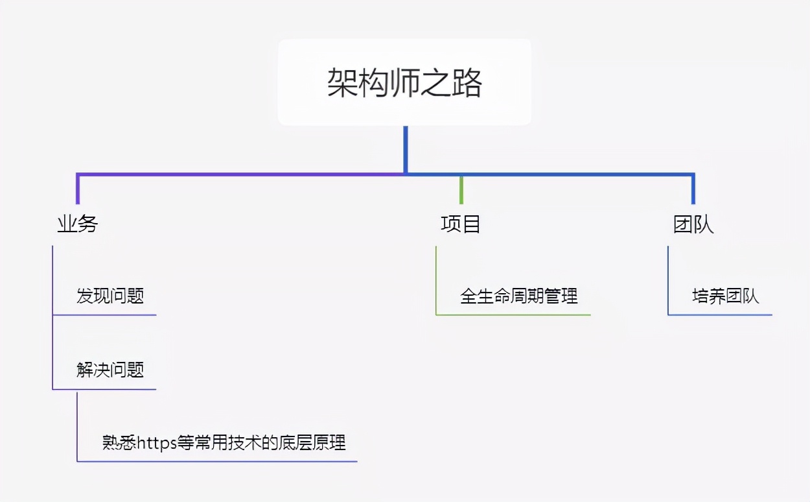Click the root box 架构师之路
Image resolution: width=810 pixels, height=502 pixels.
pyautogui.click(x=404, y=82)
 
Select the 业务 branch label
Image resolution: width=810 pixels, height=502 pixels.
pyautogui.click(x=78, y=224)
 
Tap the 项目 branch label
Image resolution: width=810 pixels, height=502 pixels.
pyautogui.click(x=461, y=224)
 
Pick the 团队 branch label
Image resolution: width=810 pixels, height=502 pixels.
pyautogui.click(x=693, y=224)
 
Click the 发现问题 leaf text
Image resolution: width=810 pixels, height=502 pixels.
pyautogui.click(x=110, y=296)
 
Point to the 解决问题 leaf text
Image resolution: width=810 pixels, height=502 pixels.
pyautogui.click(x=110, y=370)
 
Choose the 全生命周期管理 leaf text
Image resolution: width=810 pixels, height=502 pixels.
pyautogui.click(x=519, y=296)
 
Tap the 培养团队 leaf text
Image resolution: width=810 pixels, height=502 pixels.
pyautogui.click(x=726, y=296)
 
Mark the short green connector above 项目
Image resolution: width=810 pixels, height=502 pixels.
pyautogui.click(x=461, y=189)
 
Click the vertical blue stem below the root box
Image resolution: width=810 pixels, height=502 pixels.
pyautogui.click(x=405, y=149)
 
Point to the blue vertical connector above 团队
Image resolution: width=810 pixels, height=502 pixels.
pyautogui.click(x=693, y=189)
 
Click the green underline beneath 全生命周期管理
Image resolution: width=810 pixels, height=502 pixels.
pyautogui.click(x=513, y=315)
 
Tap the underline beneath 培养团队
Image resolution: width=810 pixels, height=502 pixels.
pyautogui.click(x=720, y=315)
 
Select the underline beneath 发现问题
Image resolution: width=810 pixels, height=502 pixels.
pyautogui.click(x=104, y=315)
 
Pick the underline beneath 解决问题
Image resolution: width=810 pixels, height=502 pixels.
pyautogui.click(x=104, y=389)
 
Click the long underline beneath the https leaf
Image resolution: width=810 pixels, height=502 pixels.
pyautogui.click(x=217, y=461)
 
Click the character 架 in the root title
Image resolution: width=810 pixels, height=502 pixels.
pyautogui.click(x=340, y=83)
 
